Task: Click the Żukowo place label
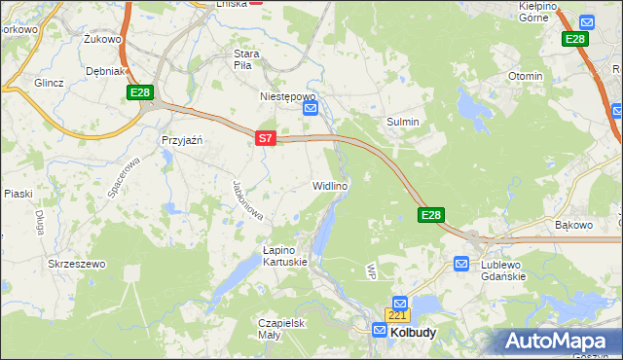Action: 101,40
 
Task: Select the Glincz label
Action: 48,83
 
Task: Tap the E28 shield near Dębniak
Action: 138,91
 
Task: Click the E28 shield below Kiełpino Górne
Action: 575,39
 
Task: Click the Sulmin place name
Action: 403,122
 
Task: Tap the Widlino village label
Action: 329,185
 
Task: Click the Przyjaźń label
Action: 181,139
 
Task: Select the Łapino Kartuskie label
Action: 285,255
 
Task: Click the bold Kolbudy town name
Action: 413,332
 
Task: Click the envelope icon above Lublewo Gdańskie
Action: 461,263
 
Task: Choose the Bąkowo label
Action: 573,225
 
